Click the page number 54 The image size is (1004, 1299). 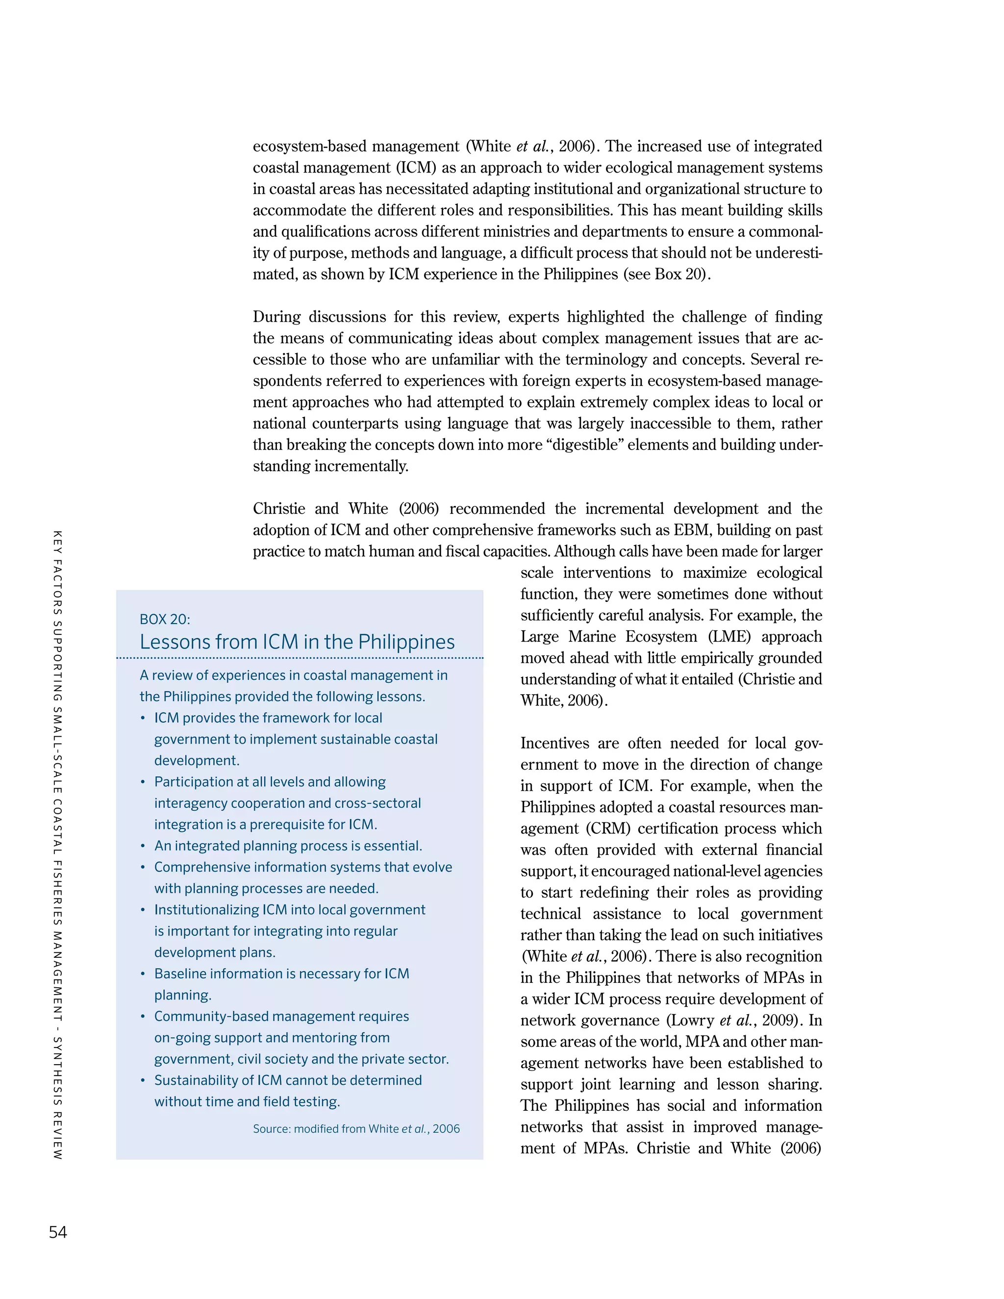tap(58, 1232)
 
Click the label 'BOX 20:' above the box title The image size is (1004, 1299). tap(165, 619)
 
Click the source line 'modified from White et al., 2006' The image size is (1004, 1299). tap(356, 1128)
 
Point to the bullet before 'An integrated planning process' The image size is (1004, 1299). tap(143, 847)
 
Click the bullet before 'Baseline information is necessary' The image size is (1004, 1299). tap(143, 974)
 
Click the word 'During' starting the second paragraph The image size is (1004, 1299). tap(276, 317)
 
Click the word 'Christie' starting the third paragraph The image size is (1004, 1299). tap(279, 508)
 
